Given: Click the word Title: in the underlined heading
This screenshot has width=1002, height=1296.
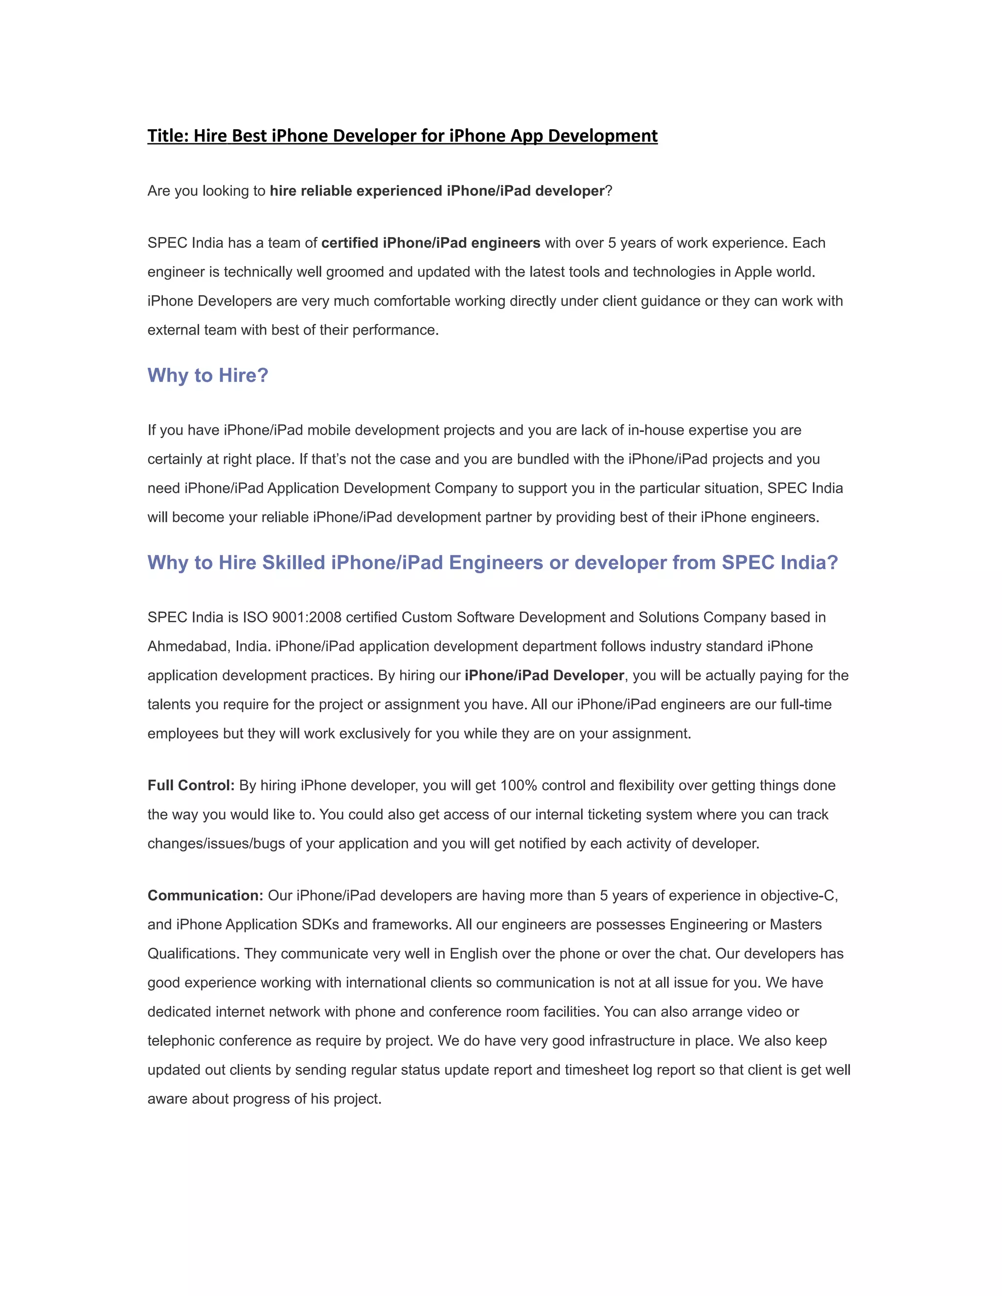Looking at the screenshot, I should [168, 136].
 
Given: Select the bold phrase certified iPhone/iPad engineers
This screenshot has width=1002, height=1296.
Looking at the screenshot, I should [431, 243].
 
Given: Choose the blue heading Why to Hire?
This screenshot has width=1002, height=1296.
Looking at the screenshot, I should [208, 375].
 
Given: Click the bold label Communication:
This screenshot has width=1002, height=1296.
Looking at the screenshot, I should [205, 895].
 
